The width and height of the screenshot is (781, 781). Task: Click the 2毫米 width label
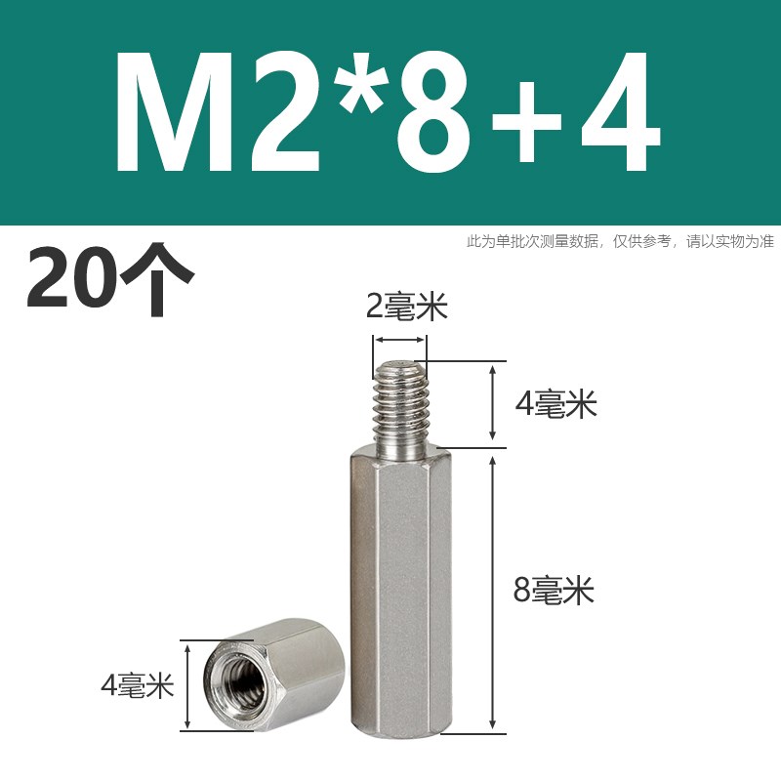coord(405,308)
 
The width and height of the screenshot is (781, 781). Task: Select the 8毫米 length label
coord(554,590)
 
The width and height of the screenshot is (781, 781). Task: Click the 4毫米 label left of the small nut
coord(137,686)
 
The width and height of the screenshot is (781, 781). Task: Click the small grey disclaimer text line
coord(620,241)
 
